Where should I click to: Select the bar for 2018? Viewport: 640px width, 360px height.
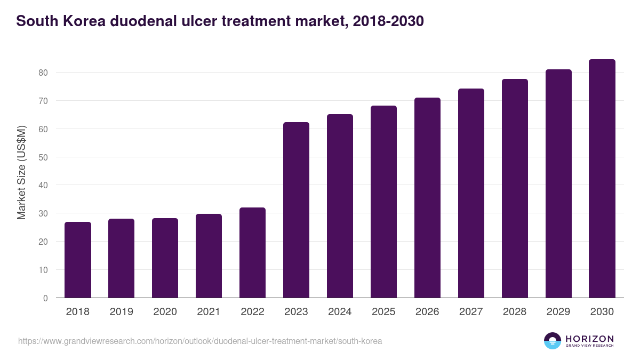[78, 260]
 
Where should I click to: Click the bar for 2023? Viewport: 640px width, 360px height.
[296, 210]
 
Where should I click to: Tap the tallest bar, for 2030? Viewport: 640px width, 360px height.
[602, 179]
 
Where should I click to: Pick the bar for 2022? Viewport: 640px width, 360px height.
[252, 253]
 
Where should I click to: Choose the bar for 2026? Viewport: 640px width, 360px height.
[427, 198]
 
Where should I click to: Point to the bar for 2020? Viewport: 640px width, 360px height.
[165, 258]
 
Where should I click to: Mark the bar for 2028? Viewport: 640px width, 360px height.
[515, 188]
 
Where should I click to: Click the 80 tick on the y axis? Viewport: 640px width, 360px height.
[43, 73]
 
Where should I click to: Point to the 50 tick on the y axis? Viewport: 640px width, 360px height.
[43, 157]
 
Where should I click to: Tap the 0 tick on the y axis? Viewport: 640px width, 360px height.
[45, 298]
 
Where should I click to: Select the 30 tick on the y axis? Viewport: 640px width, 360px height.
[43, 213]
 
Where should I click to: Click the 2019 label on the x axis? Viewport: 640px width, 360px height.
[122, 312]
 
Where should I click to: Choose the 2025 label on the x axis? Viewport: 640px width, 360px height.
[383, 312]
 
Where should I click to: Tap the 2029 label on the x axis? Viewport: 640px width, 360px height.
[558, 312]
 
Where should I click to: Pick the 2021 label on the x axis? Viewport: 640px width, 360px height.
[209, 312]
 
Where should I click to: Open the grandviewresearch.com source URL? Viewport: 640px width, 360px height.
[200, 341]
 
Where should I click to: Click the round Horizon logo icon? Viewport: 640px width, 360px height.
[553, 341]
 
